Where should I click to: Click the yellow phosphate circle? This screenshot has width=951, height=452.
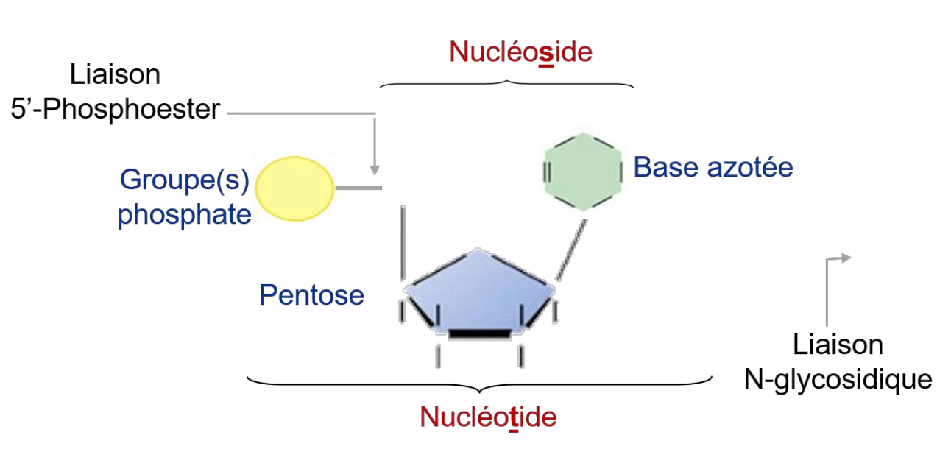click(x=294, y=188)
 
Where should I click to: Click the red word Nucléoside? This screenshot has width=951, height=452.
click(x=520, y=52)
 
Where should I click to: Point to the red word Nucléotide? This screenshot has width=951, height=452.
click(x=488, y=417)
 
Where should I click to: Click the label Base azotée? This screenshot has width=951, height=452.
click(x=713, y=168)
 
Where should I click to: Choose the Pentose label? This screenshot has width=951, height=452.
click(x=311, y=295)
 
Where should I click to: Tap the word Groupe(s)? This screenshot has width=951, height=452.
click(x=185, y=180)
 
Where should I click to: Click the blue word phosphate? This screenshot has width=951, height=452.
click(x=185, y=214)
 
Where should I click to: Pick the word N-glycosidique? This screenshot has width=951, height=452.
click(x=838, y=380)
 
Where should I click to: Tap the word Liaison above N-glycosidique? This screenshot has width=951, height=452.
click(x=838, y=345)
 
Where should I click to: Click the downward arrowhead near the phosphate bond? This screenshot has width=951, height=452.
click(x=375, y=169)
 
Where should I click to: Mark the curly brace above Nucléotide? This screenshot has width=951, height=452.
click(x=479, y=383)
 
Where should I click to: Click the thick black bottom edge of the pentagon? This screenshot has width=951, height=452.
click(x=479, y=335)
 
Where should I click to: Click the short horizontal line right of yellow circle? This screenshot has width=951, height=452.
click(x=358, y=188)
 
